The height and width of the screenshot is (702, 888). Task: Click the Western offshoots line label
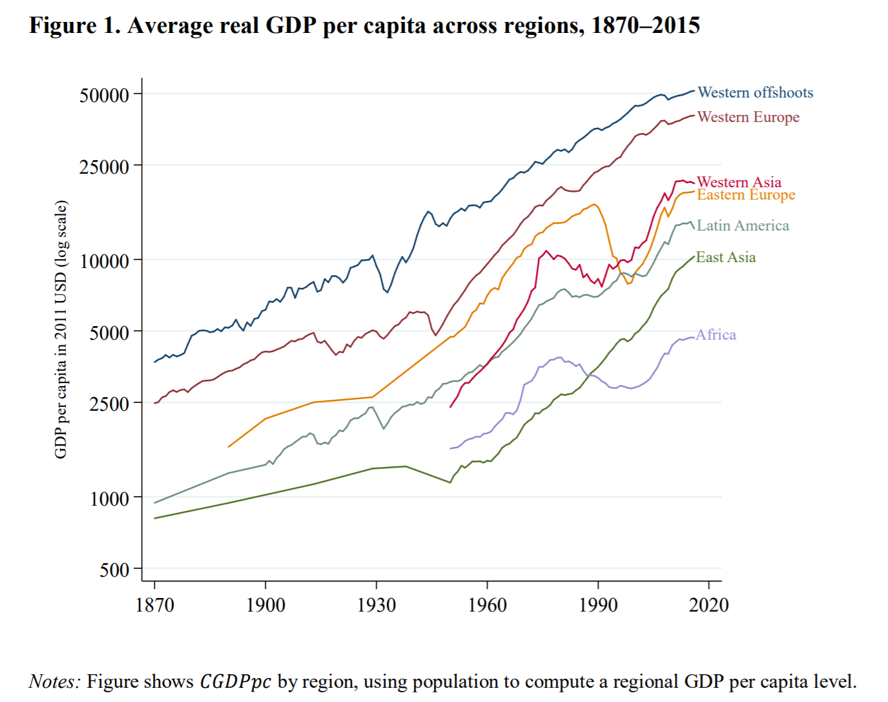pos(755,93)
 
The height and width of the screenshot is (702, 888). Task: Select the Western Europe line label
pos(748,118)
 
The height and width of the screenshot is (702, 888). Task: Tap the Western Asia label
pos(739,182)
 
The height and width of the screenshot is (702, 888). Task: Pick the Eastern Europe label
pos(746,195)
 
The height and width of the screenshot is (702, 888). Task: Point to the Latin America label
pos(743,226)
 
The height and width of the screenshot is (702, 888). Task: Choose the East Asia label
pos(725,258)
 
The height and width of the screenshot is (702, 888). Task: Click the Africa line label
pos(716,335)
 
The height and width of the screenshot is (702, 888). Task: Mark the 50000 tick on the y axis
pos(105,96)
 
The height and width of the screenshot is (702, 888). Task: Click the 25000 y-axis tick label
pos(105,167)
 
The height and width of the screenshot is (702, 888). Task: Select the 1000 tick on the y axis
pos(110,499)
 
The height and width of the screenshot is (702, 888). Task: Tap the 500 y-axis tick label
pos(115,570)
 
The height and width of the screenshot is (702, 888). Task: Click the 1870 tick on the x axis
pos(154,605)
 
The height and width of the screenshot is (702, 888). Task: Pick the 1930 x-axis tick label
pos(377,605)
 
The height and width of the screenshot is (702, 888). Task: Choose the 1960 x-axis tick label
pos(487,605)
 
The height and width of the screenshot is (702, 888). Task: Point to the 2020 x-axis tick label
pos(708,605)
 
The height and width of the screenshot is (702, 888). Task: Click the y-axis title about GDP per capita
pos(61,329)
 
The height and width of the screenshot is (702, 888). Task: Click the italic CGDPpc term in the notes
pos(235,682)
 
